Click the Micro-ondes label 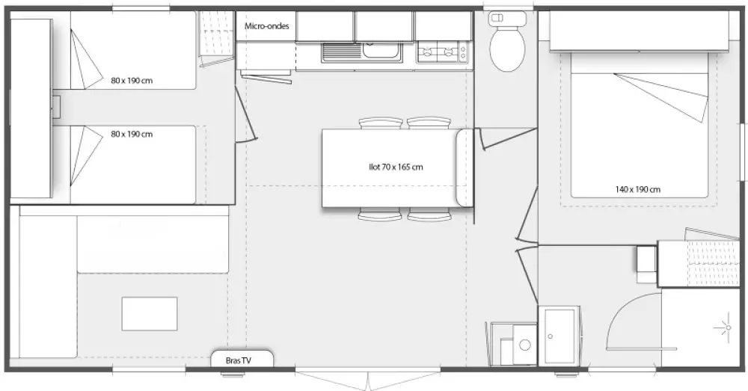(267, 26)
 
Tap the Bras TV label (238, 361)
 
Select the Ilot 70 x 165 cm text (396, 167)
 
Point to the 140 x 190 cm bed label (638, 189)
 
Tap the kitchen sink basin (381, 49)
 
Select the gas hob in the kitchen (443, 52)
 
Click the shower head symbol (728, 327)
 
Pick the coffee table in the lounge (150, 314)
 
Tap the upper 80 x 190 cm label (132, 81)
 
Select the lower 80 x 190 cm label (132, 135)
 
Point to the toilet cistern (508, 19)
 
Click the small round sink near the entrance (525, 345)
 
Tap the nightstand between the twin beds (56, 108)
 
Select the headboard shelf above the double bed (640, 31)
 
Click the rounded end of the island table (465, 167)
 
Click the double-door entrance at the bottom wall (368, 378)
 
